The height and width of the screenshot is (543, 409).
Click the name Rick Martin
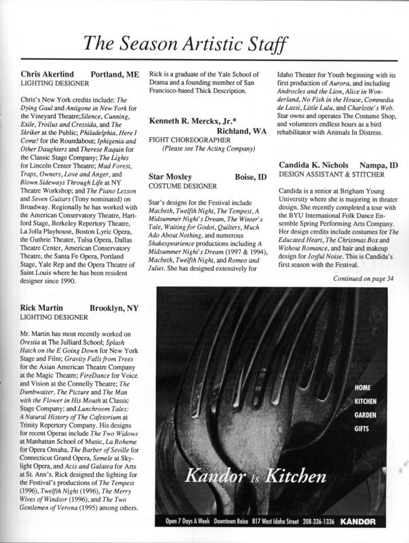40,307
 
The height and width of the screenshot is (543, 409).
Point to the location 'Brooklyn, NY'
113,307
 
